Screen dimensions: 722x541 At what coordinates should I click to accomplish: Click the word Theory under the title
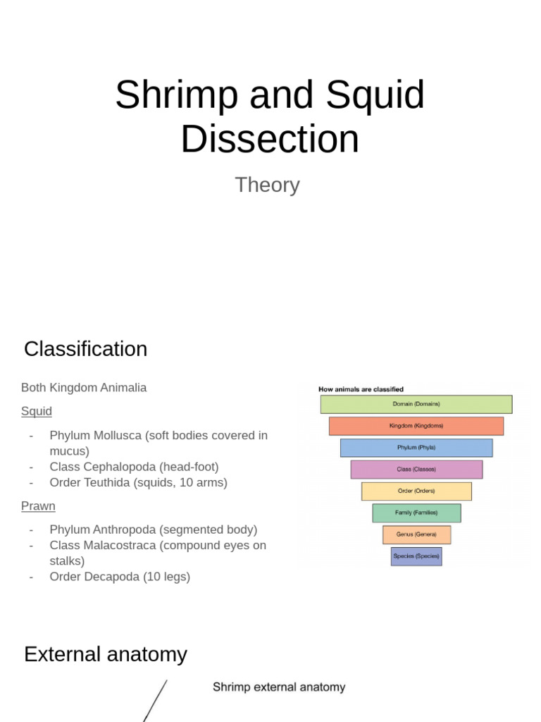coord(267,185)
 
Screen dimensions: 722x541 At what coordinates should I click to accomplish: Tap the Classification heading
coord(85,349)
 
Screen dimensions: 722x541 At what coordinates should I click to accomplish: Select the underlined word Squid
coord(37,411)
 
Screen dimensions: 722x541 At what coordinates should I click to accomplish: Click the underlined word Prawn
coord(38,506)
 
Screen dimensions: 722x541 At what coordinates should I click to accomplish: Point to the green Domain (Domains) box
coord(416,404)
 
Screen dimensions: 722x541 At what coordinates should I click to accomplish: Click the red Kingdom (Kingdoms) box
coord(416,426)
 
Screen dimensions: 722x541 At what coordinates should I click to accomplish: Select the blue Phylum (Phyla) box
coord(416,448)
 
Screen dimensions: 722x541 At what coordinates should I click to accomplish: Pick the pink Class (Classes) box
coord(416,470)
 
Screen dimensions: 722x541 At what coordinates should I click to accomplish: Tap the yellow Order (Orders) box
coord(416,491)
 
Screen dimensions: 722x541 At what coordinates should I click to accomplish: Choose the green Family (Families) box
coord(416,513)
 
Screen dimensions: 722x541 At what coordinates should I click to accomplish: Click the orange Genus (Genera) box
coord(416,534)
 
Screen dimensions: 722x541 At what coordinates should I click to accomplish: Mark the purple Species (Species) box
coord(416,556)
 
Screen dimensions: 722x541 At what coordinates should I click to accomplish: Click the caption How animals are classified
coord(361,388)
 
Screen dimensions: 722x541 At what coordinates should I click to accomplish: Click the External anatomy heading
coord(106,654)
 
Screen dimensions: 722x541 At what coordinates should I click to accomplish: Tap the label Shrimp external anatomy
coord(279,687)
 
